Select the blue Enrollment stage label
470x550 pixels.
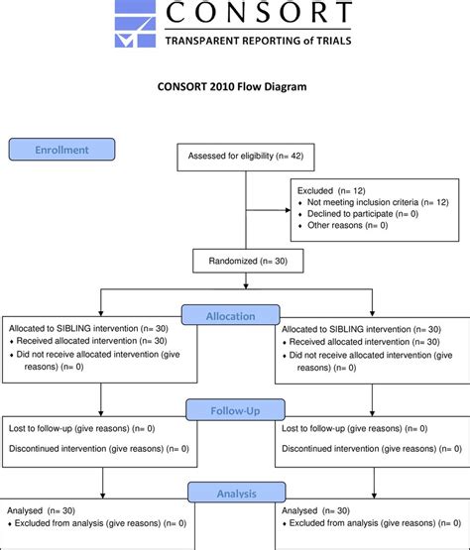click(61, 150)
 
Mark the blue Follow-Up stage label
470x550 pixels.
click(235, 408)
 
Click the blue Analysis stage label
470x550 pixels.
click(235, 493)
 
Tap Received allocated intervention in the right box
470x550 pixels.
click(357, 341)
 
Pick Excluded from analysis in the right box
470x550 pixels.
click(359, 522)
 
